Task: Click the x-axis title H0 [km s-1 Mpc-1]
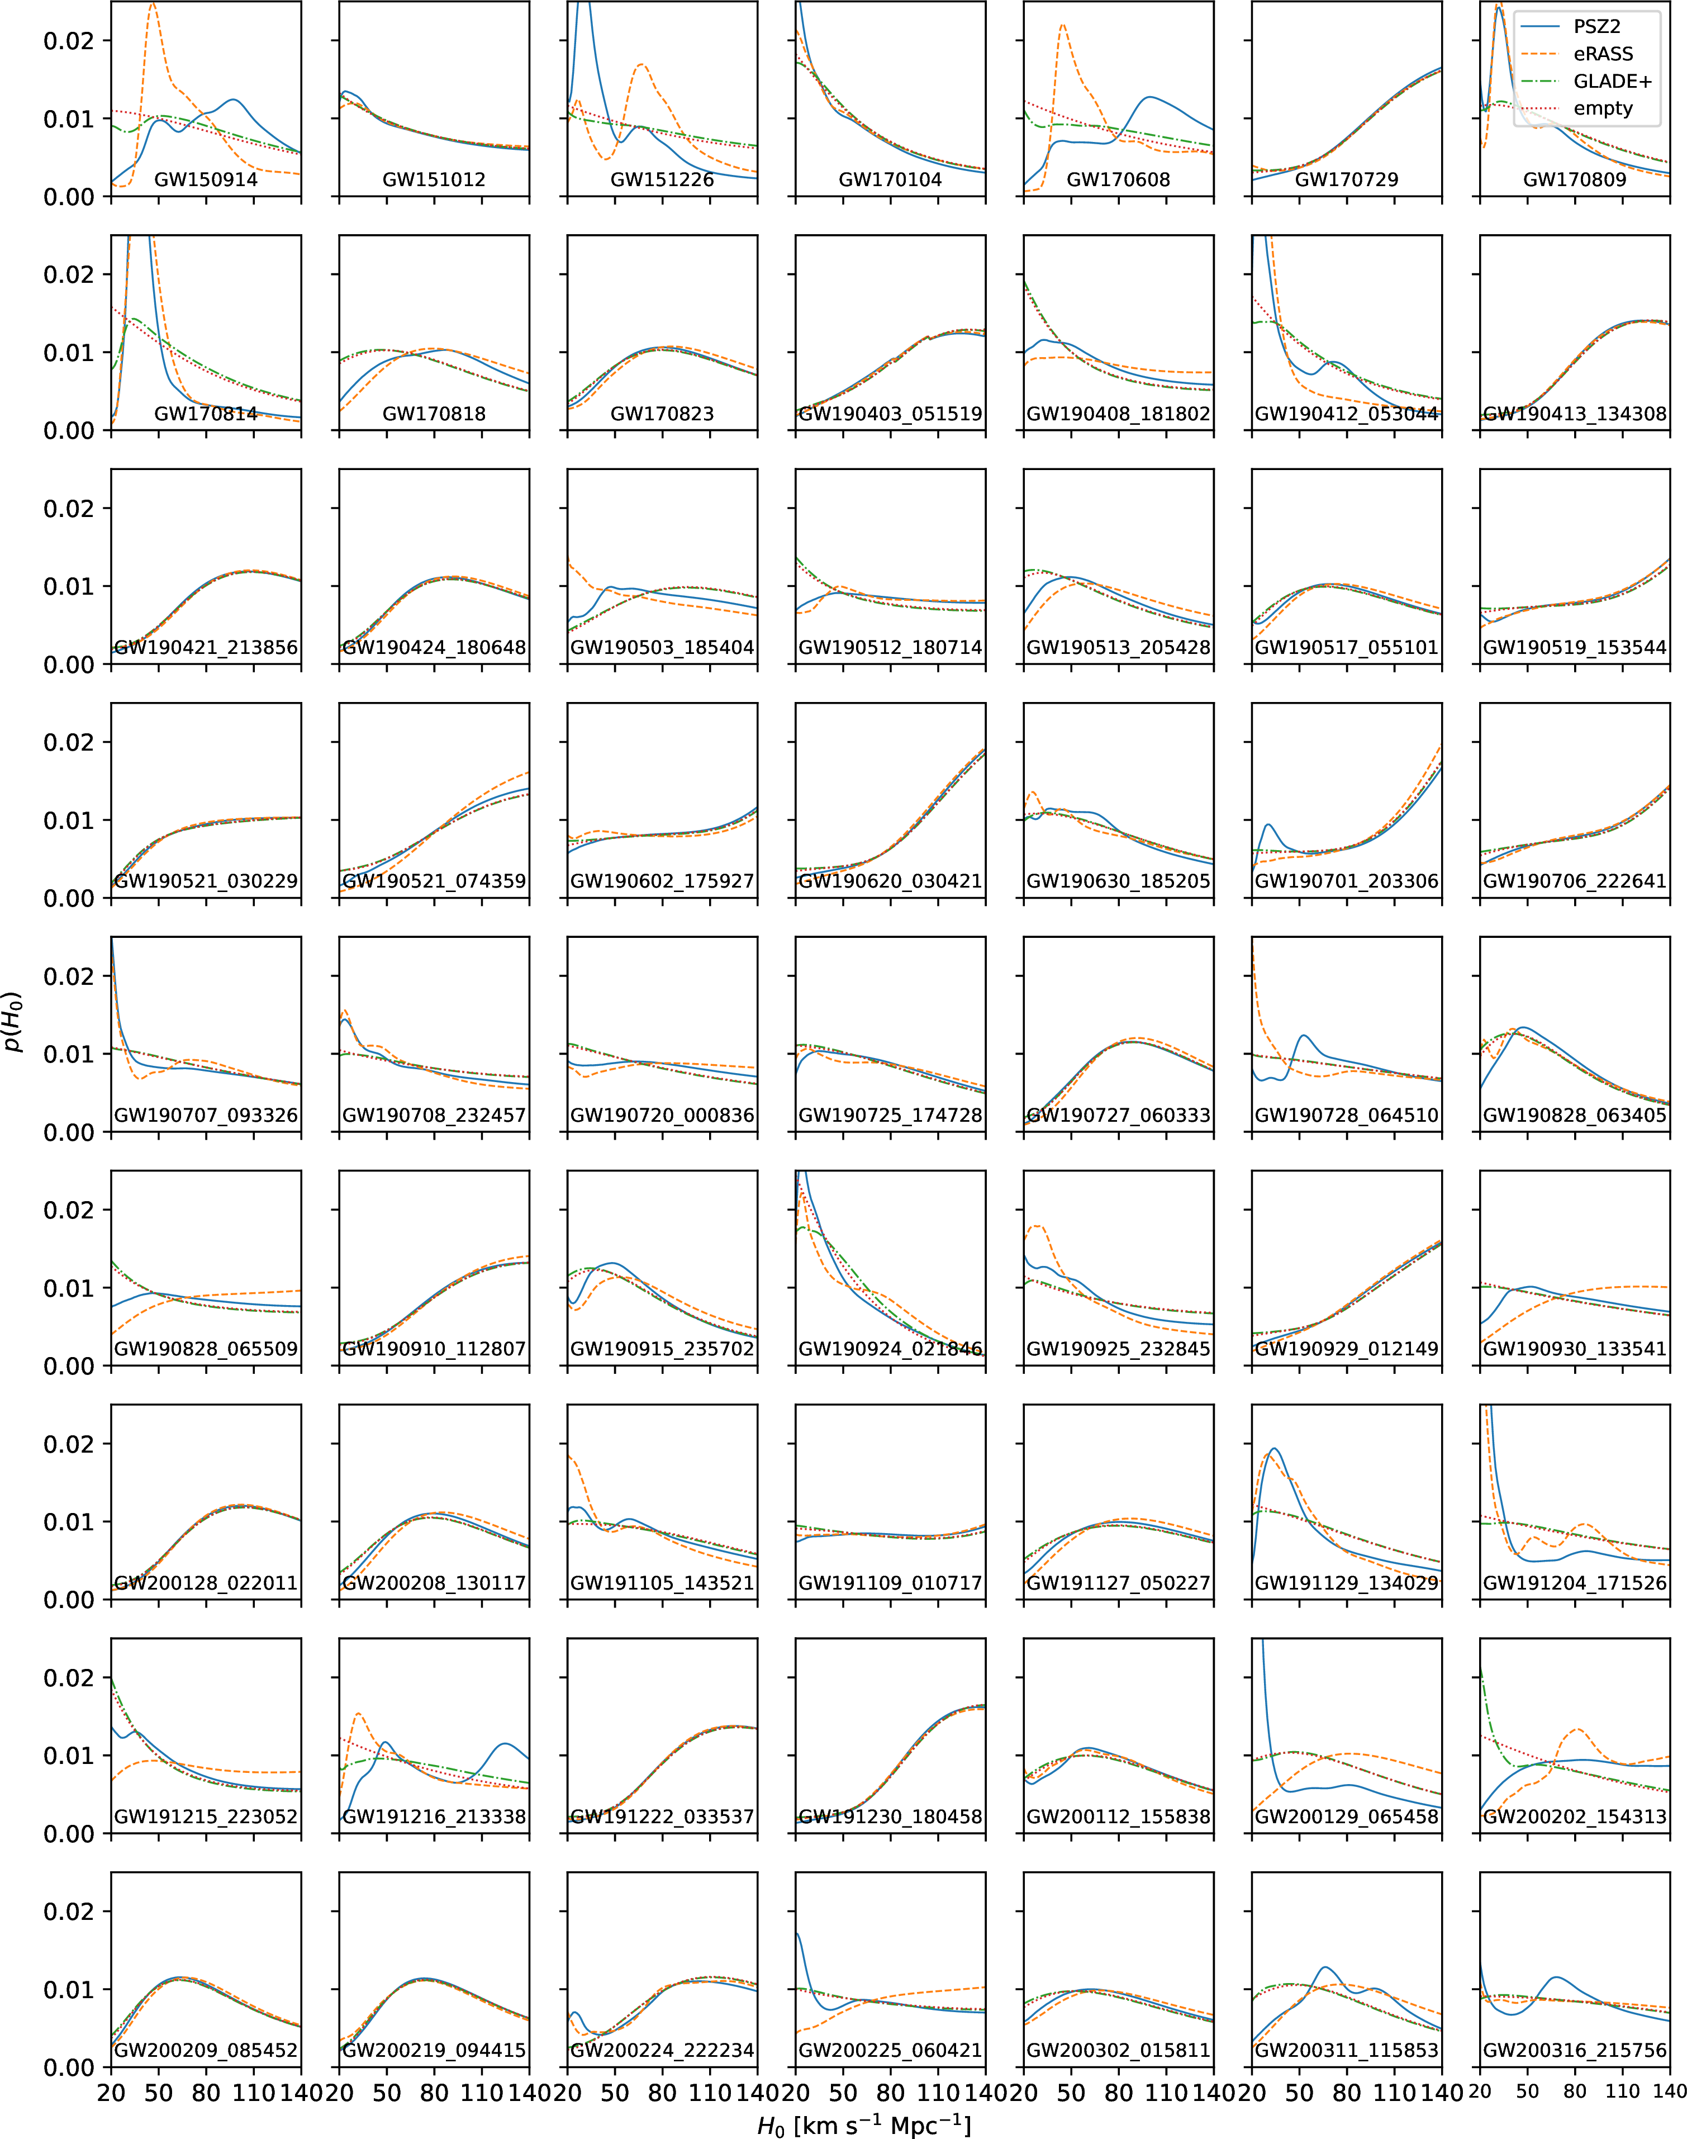[x=864, y=2125]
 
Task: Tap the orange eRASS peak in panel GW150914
[x=152, y=5]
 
